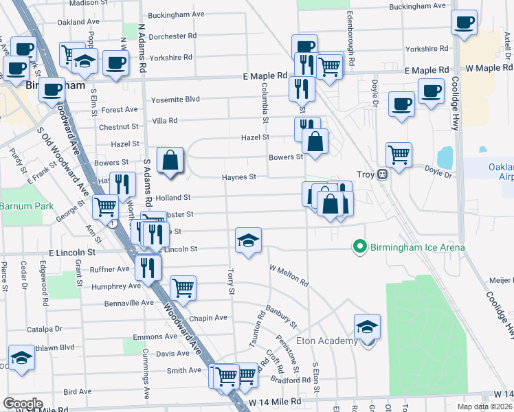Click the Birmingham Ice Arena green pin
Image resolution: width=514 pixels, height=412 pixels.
[358, 246]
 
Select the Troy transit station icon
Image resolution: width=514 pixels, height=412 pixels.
[383, 174]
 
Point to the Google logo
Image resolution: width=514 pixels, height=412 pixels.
[23, 404]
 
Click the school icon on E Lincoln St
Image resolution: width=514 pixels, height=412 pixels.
[248, 240]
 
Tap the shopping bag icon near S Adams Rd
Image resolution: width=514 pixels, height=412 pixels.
[170, 161]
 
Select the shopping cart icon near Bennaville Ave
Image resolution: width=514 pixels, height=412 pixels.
[183, 288]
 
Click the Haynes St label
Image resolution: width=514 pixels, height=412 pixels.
[238, 177]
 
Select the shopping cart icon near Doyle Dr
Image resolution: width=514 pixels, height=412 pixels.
[399, 154]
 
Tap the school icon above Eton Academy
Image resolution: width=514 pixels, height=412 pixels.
[367, 326]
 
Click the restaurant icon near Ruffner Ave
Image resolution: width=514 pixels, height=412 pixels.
[147, 267]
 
